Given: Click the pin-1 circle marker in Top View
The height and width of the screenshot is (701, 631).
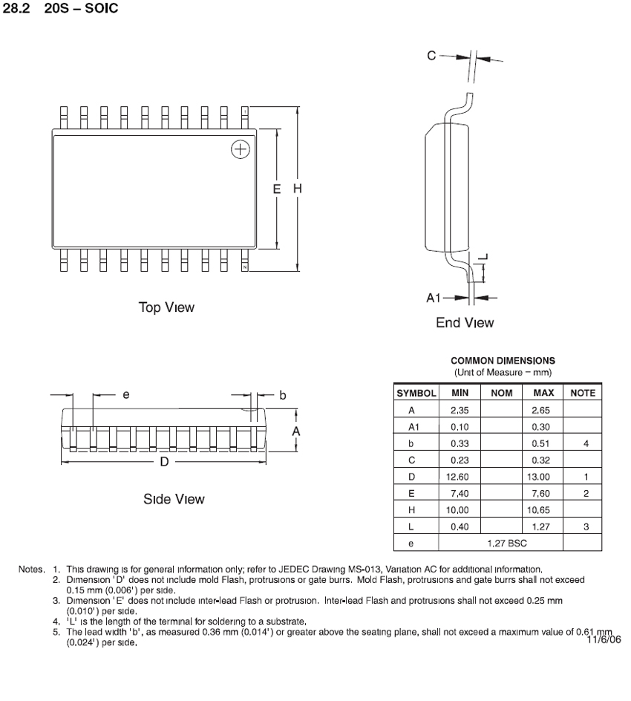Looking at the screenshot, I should (x=240, y=149).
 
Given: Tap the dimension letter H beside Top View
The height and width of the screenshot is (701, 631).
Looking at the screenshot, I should (x=298, y=189).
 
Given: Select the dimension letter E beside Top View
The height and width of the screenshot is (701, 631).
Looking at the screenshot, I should (x=277, y=189).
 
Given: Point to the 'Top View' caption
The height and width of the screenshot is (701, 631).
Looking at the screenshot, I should (x=166, y=307).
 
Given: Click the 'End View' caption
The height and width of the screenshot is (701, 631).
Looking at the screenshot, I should (x=465, y=323).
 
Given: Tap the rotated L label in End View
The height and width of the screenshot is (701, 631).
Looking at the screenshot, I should (x=484, y=257).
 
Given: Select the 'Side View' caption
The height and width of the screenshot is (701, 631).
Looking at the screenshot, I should (x=174, y=499).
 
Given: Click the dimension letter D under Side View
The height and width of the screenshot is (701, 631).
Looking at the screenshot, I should (x=165, y=462).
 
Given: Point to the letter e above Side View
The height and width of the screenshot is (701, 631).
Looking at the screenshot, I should (x=126, y=395).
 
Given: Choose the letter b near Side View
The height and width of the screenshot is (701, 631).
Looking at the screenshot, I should (x=282, y=395).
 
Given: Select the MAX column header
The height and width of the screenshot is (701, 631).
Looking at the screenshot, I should (x=544, y=393).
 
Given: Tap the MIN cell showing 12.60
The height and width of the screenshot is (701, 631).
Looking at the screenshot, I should (x=457, y=476).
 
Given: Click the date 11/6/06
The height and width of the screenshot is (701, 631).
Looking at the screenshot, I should (x=603, y=639).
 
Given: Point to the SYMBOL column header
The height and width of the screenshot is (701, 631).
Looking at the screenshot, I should (x=416, y=393).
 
